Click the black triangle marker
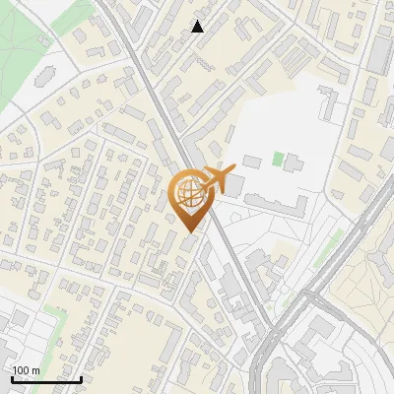pos(198,27)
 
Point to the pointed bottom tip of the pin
pos(190,231)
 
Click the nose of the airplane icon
pos(233,170)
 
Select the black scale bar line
pos(46,379)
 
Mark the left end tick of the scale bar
pos(12,378)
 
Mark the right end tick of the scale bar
pos(81,378)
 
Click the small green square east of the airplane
pos(279,158)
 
